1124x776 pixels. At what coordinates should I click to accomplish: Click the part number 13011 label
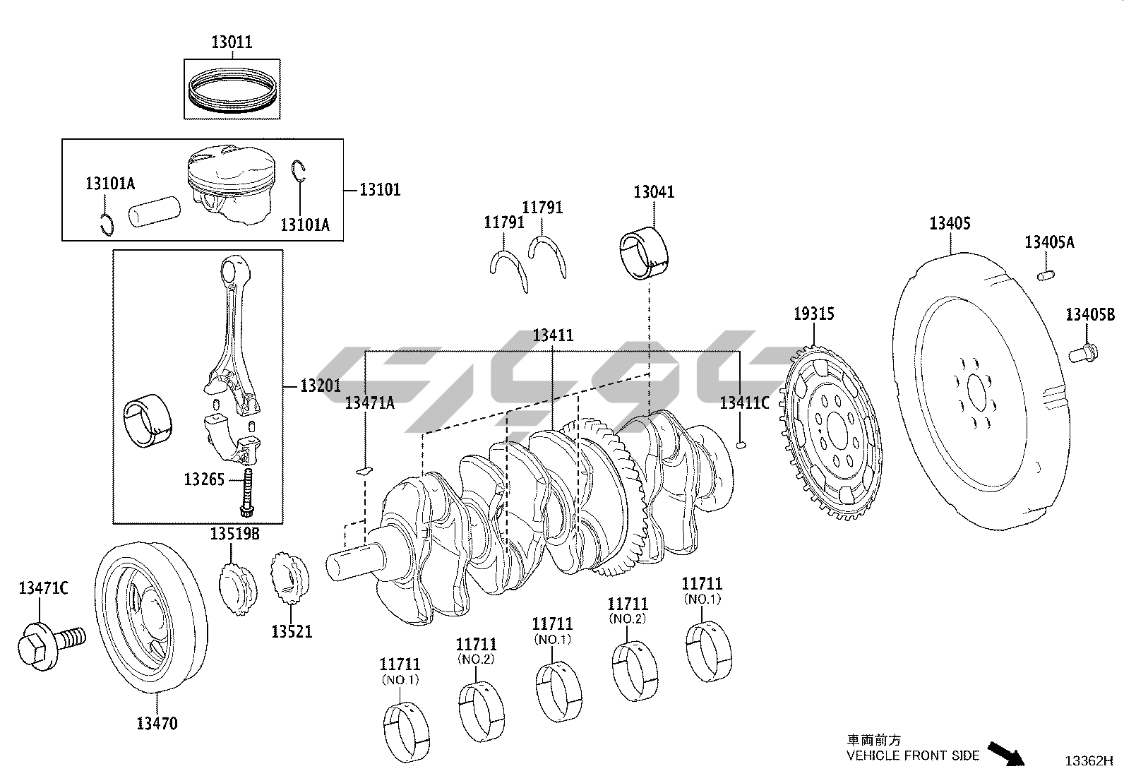pos(232,42)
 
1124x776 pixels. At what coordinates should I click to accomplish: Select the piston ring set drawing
pos(232,90)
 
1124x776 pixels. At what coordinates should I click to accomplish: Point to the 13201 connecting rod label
pos(320,386)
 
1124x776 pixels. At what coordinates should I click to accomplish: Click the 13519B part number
pos(234,535)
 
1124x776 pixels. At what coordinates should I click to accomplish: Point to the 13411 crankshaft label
pos(553,335)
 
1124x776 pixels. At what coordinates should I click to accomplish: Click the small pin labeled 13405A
pos(1046,273)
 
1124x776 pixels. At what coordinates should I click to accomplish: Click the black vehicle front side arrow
pos(1005,751)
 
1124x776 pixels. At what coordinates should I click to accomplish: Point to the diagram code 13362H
pos(1088,761)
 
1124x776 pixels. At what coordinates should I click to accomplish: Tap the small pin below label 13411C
pos(741,444)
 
